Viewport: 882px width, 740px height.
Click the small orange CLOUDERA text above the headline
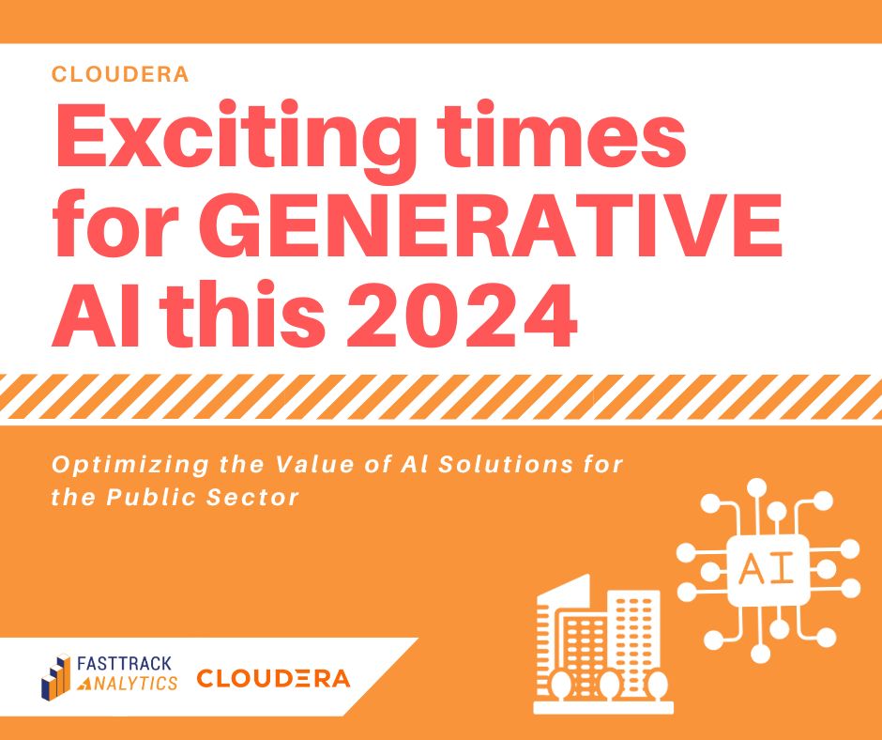point(120,74)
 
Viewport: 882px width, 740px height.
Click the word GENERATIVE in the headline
point(498,225)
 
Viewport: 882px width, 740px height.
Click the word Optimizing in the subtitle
point(129,466)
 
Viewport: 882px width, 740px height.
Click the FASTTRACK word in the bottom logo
point(124,664)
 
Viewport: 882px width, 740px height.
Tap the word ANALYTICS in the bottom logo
point(127,683)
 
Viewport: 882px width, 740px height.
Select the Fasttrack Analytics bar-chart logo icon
point(55,676)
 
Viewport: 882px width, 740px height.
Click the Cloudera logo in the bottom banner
point(273,679)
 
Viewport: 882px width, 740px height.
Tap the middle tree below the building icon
point(609,686)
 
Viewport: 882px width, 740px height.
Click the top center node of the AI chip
point(756,487)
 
